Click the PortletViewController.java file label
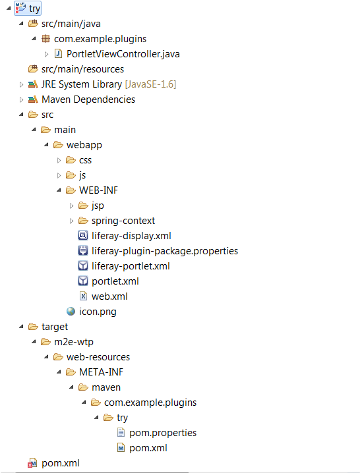pyautogui.click(x=123, y=54)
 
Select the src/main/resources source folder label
pyautogui.click(x=82, y=69)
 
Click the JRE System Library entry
pyautogui.click(x=109, y=84)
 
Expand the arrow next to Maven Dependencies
pyautogui.click(x=21, y=99)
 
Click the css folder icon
pyautogui.click(x=71, y=160)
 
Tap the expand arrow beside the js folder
pyautogui.click(x=59, y=175)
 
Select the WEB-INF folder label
pyautogui.click(x=98, y=190)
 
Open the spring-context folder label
pyautogui.click(x=123, y=221)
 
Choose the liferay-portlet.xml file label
pyautogui.click(x=131, y=266)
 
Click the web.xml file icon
pyautogui.click(x=83, y=296)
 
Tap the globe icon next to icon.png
pyautogui.click(x=71, y=312)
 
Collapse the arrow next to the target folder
pyautogui.click(x=21, y=326)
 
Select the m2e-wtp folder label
pyautogui.click(x=74, y=342)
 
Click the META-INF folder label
pyautogui.click(x=101, y=372)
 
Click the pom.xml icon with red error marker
pyautogui.click(x=32, y=463)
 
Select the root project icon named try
pyautogui.click(x=21, y=8)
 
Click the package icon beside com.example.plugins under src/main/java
pyautogui.click(x=45, y=39)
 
